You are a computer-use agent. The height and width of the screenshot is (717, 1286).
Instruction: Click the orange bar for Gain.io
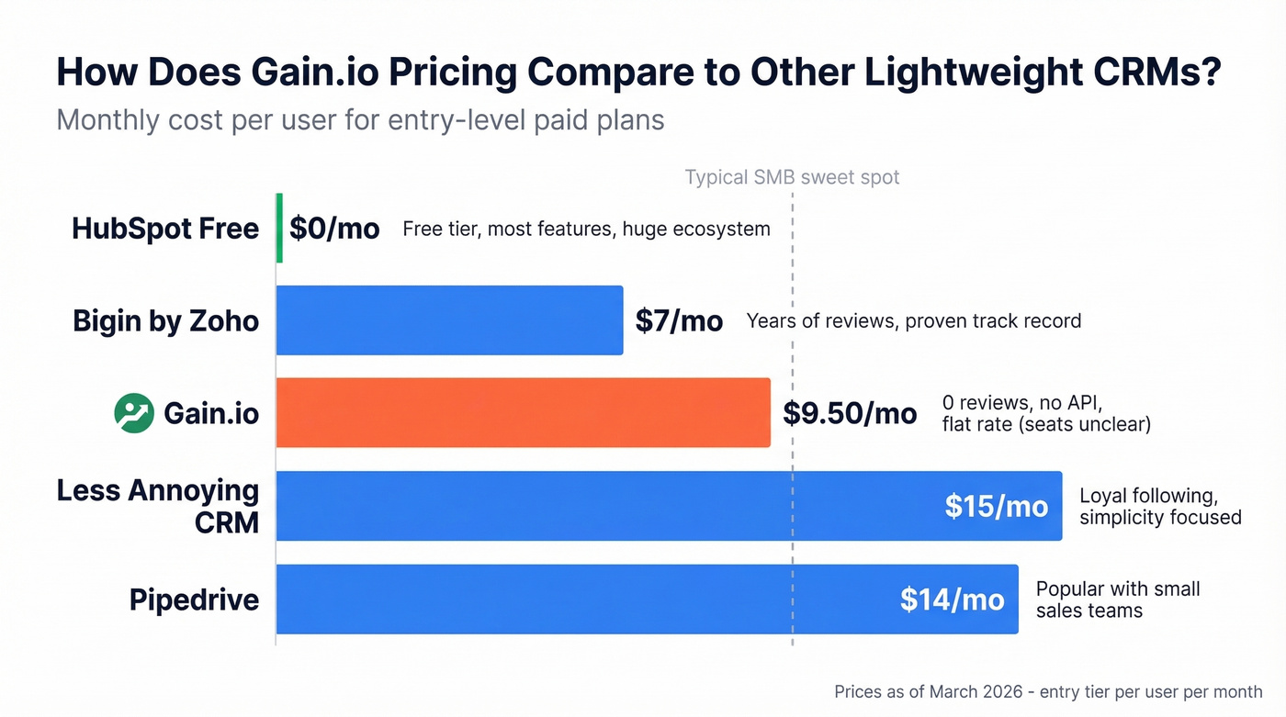pos(523,412)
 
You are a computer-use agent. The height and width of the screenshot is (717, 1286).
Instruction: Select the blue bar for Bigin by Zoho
pos(449,320)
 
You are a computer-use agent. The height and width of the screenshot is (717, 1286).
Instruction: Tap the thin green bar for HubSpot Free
pos(279,228)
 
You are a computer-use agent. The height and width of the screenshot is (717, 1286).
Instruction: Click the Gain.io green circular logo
pos(134,413)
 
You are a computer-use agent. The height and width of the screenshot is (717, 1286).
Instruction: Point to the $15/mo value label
pos(996,506)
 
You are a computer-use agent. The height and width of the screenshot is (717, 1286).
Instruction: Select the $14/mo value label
pos(952,599)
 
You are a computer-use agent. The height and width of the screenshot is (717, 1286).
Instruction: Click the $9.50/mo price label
pos(850,413)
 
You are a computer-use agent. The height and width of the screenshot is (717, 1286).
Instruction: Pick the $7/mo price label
pos(679,320)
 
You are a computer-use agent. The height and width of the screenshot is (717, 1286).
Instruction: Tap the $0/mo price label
pos(334,228)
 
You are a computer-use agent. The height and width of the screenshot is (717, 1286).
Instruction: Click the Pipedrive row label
pos(194,599)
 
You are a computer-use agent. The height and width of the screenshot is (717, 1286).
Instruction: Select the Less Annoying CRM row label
pos(158,506)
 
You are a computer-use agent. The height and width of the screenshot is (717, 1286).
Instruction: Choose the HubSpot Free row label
pos(165,228)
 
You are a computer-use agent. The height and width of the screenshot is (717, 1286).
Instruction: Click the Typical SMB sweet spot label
pos(792,177)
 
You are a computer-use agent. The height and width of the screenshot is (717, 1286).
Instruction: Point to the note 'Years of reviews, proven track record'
pos(913,320)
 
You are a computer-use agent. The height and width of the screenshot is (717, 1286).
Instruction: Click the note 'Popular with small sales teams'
pos(1117,599)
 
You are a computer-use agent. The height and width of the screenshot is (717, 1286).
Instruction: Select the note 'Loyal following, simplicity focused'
pos(1159,507)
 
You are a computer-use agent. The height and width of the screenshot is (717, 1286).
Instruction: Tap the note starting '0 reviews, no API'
pos(1045,413)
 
